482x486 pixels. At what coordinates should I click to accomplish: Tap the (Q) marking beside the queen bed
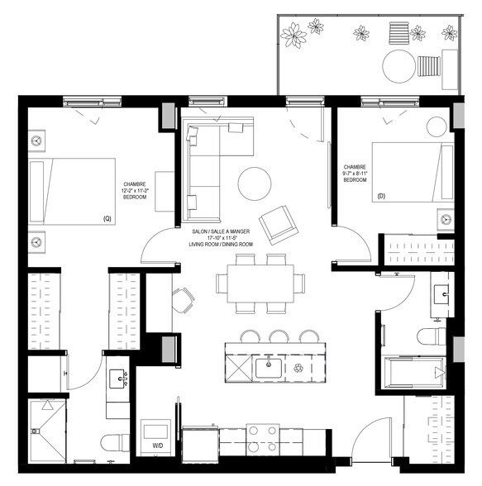107,218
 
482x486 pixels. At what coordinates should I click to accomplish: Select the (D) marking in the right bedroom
381,197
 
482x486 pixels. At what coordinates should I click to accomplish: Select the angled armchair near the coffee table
275,222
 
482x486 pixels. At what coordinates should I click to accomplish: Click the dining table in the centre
258,283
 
